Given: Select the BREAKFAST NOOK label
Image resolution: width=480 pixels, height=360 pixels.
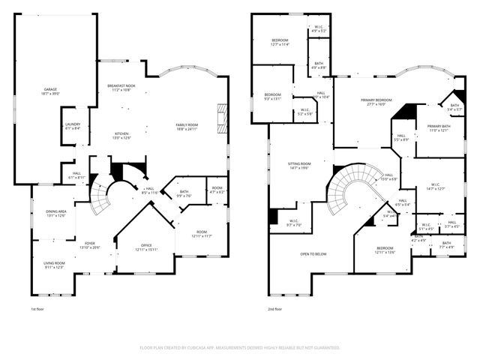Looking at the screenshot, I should (x=121, y=87).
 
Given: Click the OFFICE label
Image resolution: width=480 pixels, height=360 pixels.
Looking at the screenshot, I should (x=146, y=247).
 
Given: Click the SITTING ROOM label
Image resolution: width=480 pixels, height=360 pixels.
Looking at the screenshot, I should (x=299, y=165).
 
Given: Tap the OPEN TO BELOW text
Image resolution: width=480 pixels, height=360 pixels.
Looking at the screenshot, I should (x=313, y=254).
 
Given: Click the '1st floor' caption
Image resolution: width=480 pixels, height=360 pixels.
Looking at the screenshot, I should (x=37, y=309).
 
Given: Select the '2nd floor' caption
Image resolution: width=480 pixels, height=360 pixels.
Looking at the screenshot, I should (x=275, y=309).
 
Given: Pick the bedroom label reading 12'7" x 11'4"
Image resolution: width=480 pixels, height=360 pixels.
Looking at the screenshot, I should (x=280, y=41).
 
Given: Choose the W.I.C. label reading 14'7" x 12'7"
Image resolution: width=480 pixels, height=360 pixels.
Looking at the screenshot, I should (x=435, y=187).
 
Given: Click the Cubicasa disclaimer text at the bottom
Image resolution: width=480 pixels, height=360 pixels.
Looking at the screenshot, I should (x=240, y=348).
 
